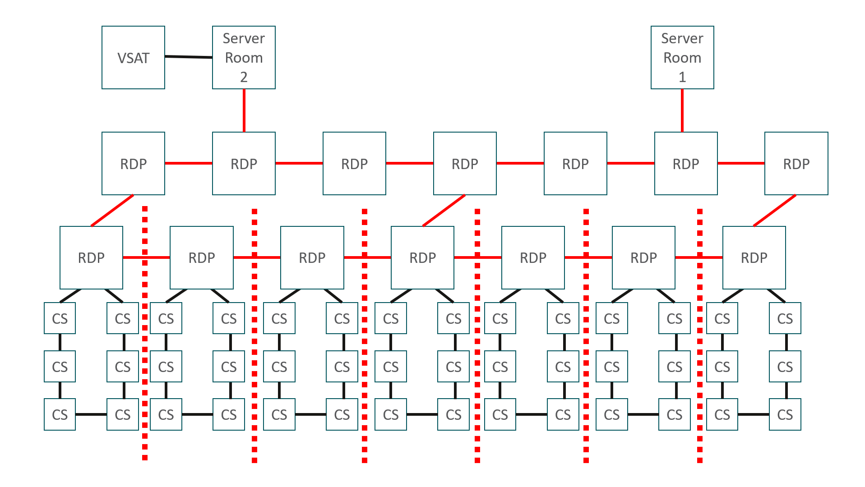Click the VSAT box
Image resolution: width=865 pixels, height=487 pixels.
(x=133, y=57)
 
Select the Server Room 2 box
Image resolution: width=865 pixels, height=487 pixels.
(x=244, y=57)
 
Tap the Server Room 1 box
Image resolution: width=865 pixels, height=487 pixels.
(x=682, y=57)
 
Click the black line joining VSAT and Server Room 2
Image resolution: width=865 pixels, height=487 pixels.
(x=189, y=57)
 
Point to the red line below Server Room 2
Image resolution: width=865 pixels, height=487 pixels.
(x=244, y=110)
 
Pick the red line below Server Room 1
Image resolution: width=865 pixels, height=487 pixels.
(x=682, y=110)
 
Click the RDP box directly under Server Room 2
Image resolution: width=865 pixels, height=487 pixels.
(x=244, y=163)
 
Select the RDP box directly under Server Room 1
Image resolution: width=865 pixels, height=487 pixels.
(x=686, y=163)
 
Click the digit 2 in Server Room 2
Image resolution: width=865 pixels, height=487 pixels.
(x=244, y=77)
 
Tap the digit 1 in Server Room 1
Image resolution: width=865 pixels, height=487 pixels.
(x=682, y=77)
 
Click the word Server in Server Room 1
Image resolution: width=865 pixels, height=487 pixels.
(x=682, y=38)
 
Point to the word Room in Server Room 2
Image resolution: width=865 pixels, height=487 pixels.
(x=244, y=58)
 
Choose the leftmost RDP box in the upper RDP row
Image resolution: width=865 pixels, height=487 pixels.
(x=133, y=163)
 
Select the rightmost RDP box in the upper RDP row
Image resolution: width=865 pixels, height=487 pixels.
(x=796, y=163)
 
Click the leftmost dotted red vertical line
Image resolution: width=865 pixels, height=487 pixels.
(x=145, y=333)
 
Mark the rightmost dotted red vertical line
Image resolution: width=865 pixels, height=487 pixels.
(x=700, y=335)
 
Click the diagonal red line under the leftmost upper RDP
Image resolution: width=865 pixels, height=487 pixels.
(x=112, y=211)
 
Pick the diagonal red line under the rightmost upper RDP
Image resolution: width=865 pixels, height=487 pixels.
(x=775, y=211)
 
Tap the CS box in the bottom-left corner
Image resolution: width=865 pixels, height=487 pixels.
(x=60, y=414)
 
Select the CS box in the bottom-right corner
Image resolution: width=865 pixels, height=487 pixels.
(x=785, y=414)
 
